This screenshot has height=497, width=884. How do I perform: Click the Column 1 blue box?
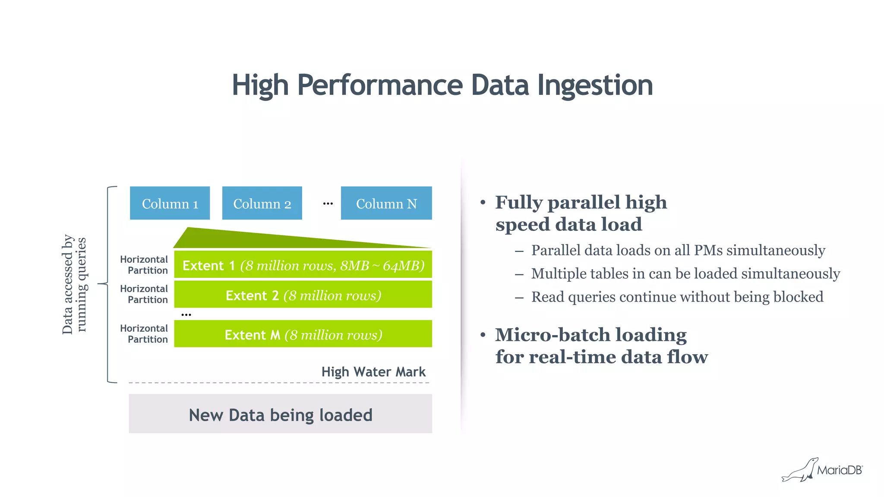tap(170, 203)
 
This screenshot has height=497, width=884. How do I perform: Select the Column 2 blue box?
tap(262, 203)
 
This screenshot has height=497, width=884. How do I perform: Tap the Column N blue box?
tap(386, 203)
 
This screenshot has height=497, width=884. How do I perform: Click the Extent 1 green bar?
tap(303, 265)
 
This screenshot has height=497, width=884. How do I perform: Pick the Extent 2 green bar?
tap(303, 295)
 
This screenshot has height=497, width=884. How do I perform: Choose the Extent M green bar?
tap(303, 334)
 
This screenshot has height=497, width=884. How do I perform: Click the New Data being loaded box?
tap(280, 414)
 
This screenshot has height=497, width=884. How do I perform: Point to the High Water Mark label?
tap(373, 372)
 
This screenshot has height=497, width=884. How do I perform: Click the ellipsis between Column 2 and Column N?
tap(328, 203)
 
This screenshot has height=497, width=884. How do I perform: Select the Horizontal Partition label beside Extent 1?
tap(144, 265)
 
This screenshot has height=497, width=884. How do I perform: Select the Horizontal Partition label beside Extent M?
tap(144, 334)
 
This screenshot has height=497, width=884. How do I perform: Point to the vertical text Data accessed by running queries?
tap(74, 284)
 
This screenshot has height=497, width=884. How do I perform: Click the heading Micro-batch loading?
tap(590, 335)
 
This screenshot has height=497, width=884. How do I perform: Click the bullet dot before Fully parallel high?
tap(483, 202)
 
